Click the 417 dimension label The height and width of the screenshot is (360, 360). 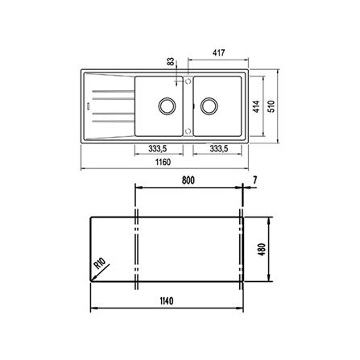(218, 52)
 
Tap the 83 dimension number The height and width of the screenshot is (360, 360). (171, 61)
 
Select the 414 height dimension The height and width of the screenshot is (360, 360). (256, 106)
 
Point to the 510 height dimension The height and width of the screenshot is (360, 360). (271, 106)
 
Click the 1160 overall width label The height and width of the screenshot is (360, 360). (163, 162)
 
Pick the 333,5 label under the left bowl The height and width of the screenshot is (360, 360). (158, 148)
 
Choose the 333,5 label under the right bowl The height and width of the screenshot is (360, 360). (219, 148)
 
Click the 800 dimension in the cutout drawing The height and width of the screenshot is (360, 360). (188, 180)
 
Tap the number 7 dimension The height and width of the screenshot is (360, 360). (254, 180)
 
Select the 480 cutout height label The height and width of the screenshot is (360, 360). (262, 250)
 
